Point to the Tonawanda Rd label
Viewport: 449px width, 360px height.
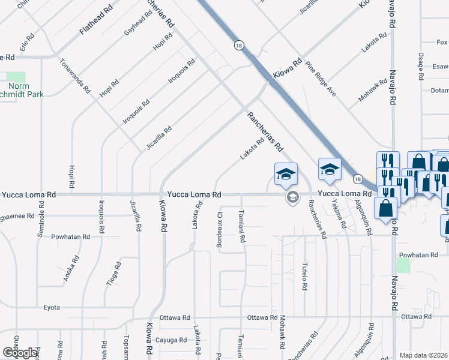click(x=74, y=76)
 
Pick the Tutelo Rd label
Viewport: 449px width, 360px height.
click(x=305, y=276)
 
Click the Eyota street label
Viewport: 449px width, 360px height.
click(x=52, y=307)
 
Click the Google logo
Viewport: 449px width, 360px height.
click(x=20, y=352)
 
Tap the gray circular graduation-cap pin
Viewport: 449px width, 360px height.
click(x=292, y=197)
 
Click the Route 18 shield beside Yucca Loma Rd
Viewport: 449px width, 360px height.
click(x=357, y=179)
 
